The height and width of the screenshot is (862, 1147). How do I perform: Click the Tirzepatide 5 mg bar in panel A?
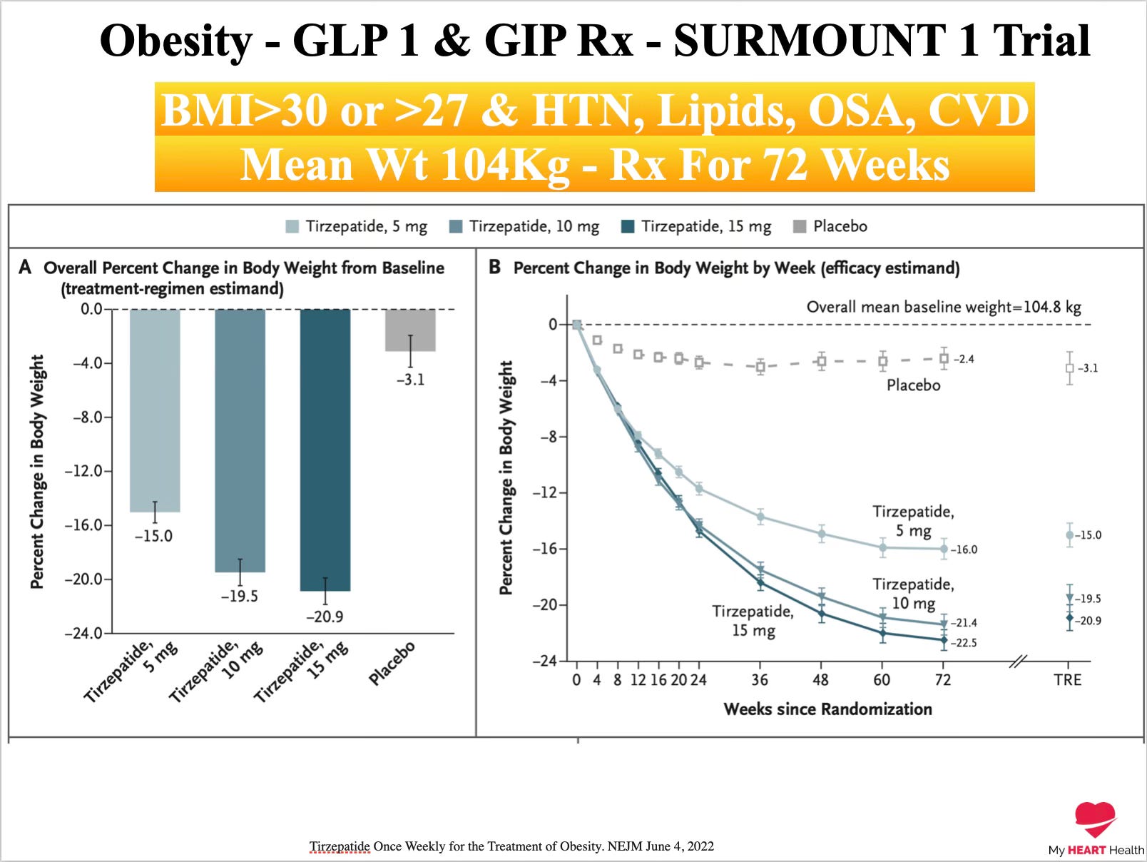coord(155,410)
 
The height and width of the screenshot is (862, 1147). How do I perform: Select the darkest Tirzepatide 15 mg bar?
coord(325,450)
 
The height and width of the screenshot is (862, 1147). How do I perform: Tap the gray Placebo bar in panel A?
coord(410,330)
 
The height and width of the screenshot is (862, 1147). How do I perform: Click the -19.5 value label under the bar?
coord(240,597)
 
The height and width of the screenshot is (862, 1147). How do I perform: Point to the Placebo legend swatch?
coord(800,226)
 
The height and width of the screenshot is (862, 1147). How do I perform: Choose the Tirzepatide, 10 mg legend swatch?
coord(456,226)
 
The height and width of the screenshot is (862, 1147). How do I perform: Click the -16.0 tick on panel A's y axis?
coord(87,524)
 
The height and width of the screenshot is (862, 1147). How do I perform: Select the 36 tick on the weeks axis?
coord(760,679)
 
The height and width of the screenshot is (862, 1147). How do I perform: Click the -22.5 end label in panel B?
coord(964,642)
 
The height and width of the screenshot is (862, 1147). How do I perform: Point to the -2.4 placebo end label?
coord(964,359)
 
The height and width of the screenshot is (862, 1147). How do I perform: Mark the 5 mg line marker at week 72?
coord(944,549)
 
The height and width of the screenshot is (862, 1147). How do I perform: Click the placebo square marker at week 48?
coord(822,360)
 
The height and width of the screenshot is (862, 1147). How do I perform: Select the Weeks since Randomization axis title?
coord(827,709)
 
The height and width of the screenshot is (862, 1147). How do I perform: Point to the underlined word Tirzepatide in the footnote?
coord(340,846)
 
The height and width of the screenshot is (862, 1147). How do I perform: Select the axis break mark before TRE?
coord(1018,661)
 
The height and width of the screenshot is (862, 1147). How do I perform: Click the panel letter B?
coord(494,267)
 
